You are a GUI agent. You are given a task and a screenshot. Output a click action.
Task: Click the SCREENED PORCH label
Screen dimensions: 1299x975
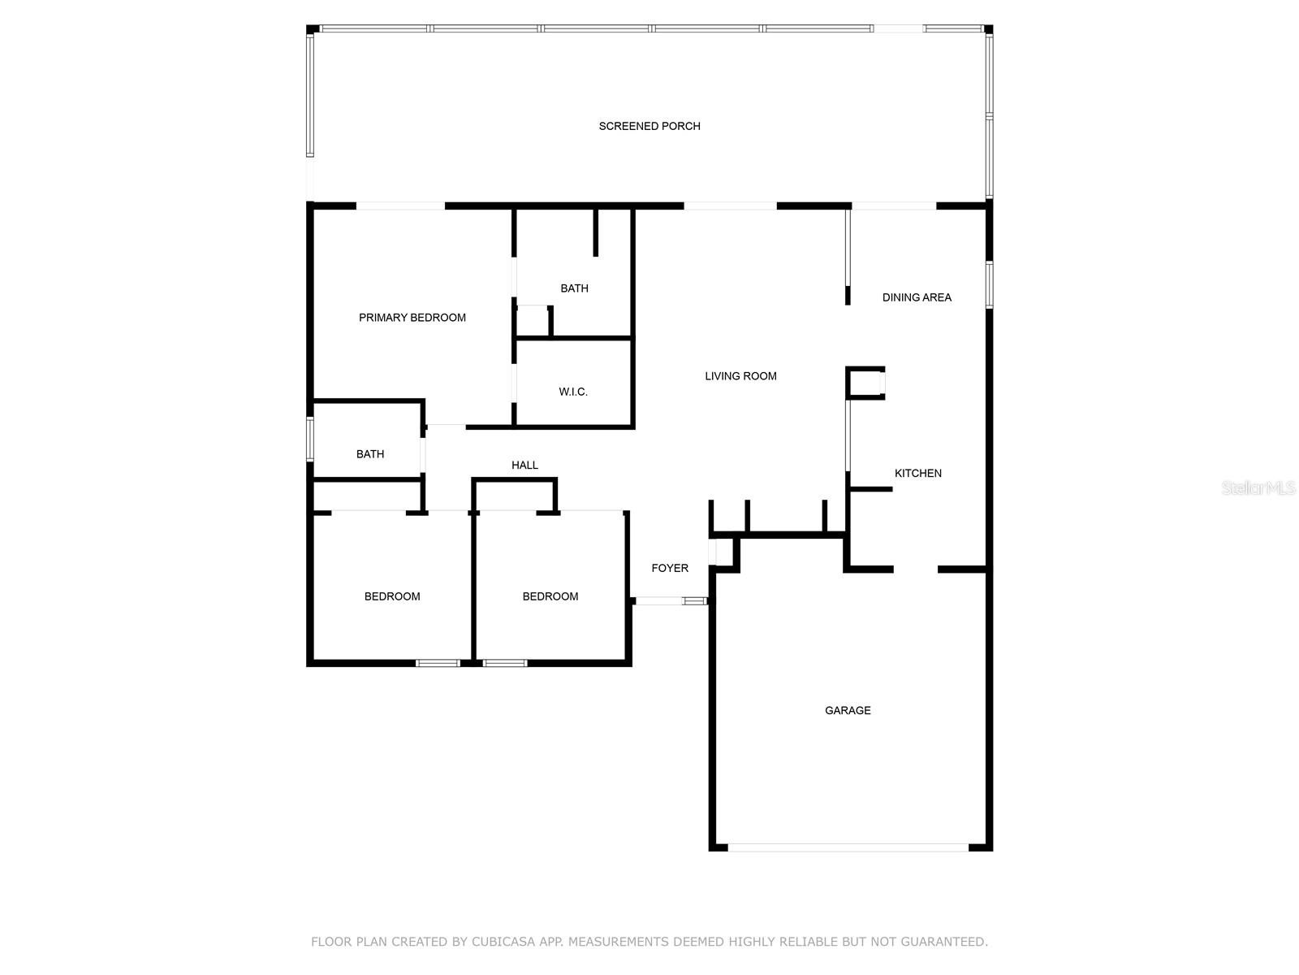click(649, 126)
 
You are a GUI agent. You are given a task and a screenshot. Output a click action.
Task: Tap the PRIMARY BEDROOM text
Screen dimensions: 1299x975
click(412, 318)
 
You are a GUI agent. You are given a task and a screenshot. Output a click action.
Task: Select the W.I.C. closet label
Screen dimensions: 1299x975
click(573, 392)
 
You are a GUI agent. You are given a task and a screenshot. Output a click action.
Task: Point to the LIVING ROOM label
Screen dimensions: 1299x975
click(740, 376)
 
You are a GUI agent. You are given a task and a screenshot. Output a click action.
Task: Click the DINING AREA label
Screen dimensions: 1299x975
click(917, 297)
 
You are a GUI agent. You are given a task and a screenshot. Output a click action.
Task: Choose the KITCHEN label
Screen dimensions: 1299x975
click(918, 474)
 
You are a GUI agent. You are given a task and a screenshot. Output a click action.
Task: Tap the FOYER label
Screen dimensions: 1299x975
click(669, 568)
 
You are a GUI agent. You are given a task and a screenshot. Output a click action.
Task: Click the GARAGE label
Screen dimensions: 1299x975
click(848, 710)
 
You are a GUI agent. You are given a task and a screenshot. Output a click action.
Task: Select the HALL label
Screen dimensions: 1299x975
click(524, 466)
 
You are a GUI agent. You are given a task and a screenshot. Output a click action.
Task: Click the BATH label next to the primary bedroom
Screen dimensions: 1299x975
click(574, 288)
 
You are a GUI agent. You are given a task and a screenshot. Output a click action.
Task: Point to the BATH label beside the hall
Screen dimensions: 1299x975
click(370, 454)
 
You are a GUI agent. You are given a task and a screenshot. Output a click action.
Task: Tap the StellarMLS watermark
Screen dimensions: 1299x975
click(1258, 487)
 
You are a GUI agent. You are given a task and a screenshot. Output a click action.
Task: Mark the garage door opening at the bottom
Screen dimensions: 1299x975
click(848, 847)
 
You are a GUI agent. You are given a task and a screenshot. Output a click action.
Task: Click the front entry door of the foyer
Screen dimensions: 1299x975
click(671, 601)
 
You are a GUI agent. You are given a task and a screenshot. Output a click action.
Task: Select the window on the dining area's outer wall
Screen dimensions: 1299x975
click(988, 284)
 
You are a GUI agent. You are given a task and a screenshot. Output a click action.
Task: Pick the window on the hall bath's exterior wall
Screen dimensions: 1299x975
click(309, 439)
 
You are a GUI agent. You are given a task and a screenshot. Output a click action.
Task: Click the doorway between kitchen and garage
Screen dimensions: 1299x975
click(916, 570)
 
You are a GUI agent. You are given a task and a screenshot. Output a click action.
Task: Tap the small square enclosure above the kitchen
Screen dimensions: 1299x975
click(865, 383)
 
